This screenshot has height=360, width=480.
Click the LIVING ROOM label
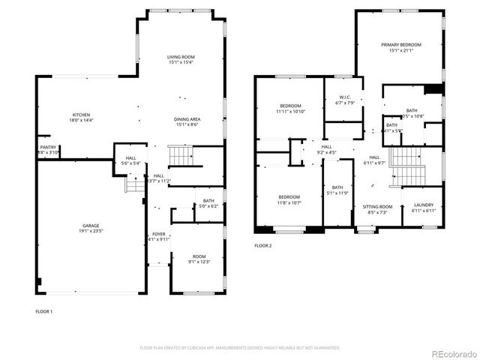(181, 57)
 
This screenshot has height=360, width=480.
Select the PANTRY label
(47, 147)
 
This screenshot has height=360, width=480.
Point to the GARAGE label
(91, 225)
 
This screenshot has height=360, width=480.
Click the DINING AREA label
(187, 119)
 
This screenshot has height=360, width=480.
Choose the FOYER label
(159, 234)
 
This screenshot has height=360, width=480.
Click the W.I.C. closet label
(345, 97)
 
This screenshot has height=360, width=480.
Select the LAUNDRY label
(423, 205)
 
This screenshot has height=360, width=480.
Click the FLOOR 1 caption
(43, 310)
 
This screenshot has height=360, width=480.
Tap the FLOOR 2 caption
(262, 246)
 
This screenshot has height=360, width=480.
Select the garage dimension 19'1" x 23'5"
(91, 231)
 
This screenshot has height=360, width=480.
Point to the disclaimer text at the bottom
(240, 348)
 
